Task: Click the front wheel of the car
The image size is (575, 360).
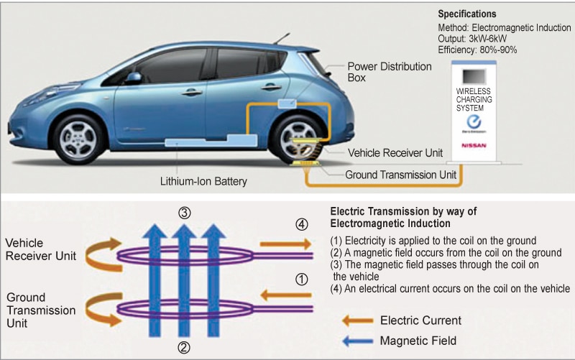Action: pyautogui.click(x=78, y=137)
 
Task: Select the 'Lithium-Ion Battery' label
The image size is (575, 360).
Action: pyautogui.click(x=204, y=181)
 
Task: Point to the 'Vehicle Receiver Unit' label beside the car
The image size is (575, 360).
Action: pyautogui.click(x=394, y=152)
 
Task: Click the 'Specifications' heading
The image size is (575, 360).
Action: pyautogui.click(x=466, y=14)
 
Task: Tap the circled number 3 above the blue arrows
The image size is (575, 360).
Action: pyautogui.click(x=184, y=213)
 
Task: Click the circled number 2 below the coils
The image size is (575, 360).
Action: pyautogui.click(x=184, y=348)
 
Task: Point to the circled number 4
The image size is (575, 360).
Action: pyautogui.click(x=301, y=224)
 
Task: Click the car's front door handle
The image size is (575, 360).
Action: pyautogui.click(x=190, y=92)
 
